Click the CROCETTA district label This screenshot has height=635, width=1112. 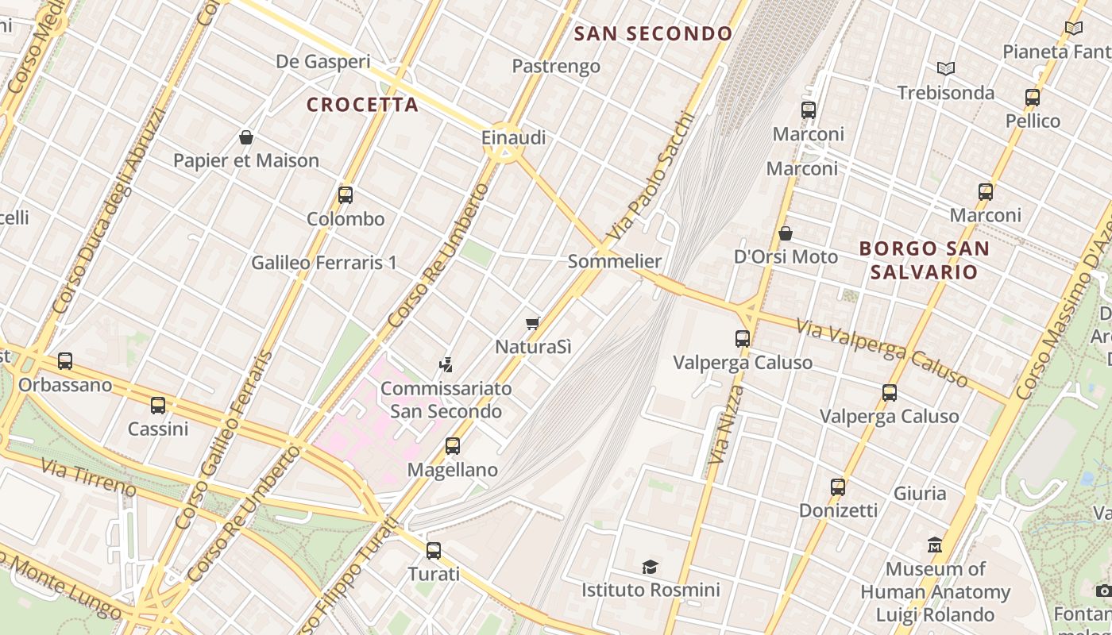(362, 105)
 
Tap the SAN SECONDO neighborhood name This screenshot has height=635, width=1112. (653, 33)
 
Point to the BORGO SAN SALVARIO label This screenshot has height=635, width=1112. (924, 260)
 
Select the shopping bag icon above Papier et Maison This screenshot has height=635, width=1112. (246, 137)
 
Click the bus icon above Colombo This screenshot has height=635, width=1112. (346, 195)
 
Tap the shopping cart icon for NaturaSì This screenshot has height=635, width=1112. (533, 323)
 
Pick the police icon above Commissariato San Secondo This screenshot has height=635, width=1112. (446, 365)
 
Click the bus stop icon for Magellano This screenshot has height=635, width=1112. (453, 446)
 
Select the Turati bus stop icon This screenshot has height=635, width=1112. (434, 550)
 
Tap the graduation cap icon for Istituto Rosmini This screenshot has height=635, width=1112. (651, 567)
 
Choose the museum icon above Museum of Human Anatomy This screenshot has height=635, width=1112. (935, 545)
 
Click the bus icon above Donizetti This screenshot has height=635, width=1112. (838, 487)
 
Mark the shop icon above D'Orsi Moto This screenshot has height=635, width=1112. (786, 233)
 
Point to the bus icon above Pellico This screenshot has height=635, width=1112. (1033, 98)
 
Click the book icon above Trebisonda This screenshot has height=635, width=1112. (945, 69)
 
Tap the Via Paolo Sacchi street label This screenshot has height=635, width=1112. (650, 177)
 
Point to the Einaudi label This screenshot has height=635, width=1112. (514, 137)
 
